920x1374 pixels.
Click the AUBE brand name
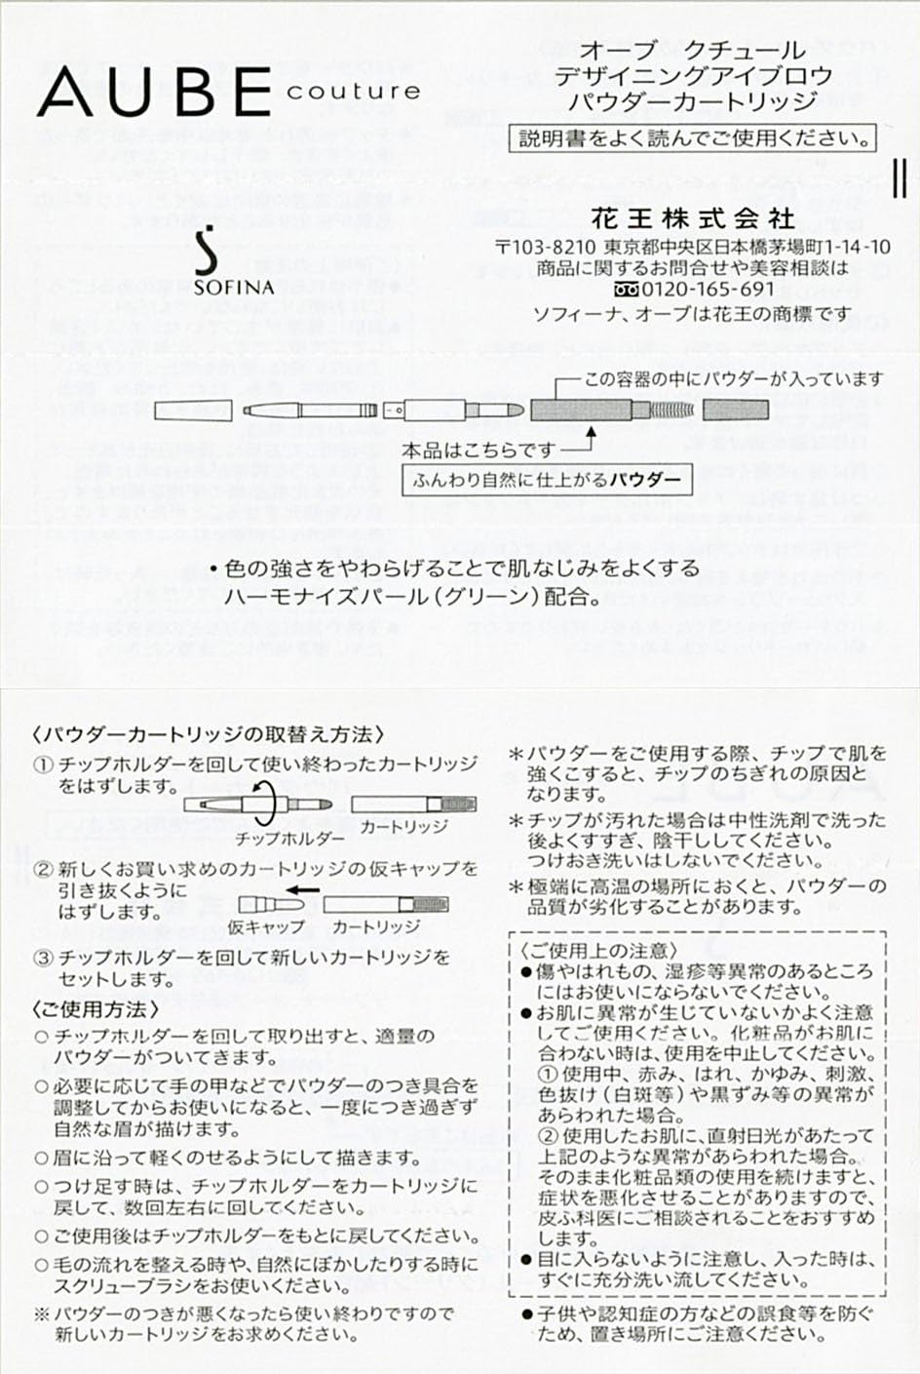(154, 93)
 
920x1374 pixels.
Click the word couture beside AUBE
(354, 93)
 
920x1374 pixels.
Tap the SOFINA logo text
(234, 287)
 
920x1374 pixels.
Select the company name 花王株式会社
(693, 216)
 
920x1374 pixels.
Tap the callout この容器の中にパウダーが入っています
(733, 378)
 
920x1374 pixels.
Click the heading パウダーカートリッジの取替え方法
(208, 734)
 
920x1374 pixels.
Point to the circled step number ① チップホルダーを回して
(44, 765)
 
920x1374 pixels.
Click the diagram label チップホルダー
(289, 838)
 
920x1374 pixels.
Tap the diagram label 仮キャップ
(265, 926)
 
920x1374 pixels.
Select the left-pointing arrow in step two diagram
(306, 890)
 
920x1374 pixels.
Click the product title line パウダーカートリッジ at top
(693, 100)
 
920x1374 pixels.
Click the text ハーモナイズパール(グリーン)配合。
(412, 597)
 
